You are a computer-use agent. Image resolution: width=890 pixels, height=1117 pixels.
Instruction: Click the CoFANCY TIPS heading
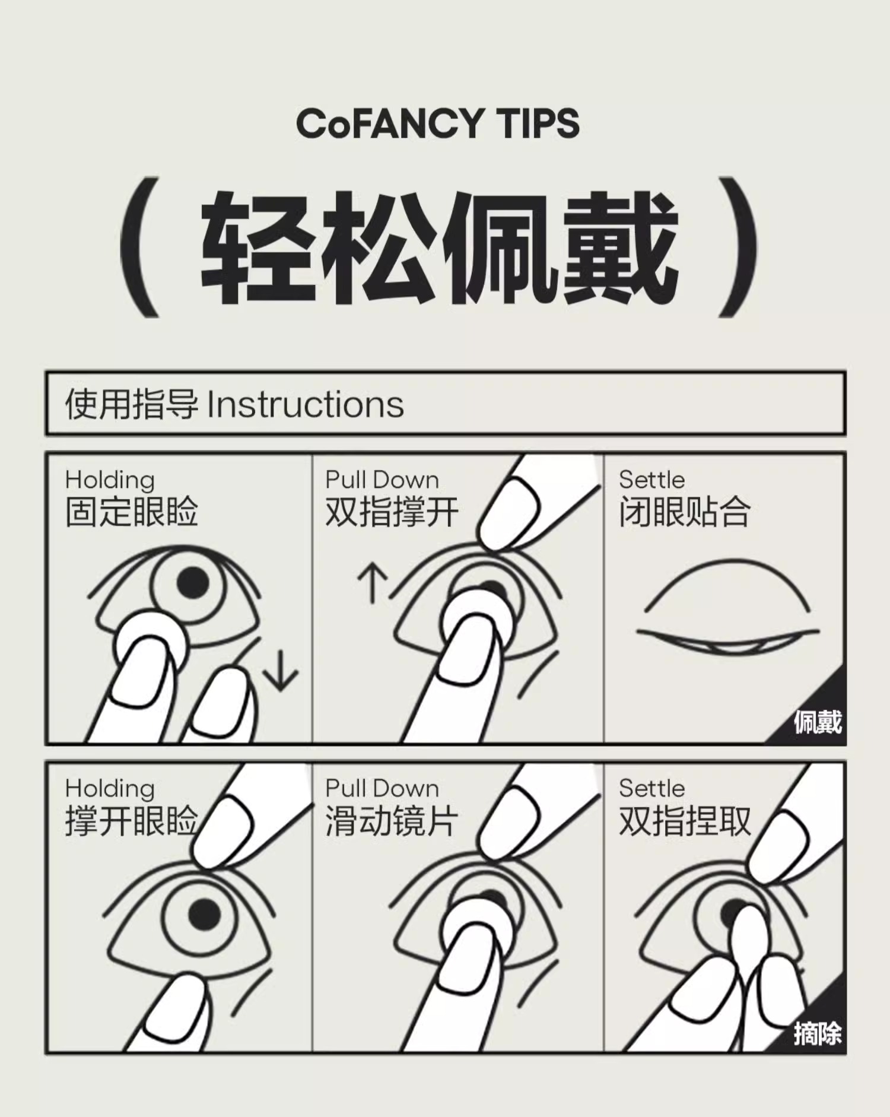pyautogui.click(x=438, y=123)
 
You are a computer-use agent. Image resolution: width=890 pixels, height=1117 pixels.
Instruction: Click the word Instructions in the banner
pyautogui.click(x=306, y=405)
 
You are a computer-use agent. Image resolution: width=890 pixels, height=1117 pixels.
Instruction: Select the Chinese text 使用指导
pyautogui.click(x=132, y=405)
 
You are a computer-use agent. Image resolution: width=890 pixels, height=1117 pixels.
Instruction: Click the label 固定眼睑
pyautogui.click(x=132, y=512)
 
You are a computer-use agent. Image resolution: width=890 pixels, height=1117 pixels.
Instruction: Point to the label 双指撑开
pyautogui.click(x=392, y=512)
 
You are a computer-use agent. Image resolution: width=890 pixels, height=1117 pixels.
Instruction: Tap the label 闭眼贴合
pyautogui.click(x=685, y=512)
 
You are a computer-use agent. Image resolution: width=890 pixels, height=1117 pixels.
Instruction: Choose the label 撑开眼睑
pyautogui.click(x=132, y=821)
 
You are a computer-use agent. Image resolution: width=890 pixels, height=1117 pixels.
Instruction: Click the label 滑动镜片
pyautogui.click(x=392, y=821)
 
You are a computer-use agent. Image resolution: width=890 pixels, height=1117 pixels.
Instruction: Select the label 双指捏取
pyautogui.click(x=685, y=821)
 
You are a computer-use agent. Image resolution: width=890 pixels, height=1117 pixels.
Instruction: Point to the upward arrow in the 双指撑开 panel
pyautogui.click(x=373, y=583)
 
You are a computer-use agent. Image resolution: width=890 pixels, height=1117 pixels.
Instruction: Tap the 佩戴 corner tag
pyautogui.click(x=818, y=722)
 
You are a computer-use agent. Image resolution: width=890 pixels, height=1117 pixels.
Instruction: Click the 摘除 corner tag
pyautogui.click(x=818, y=1034)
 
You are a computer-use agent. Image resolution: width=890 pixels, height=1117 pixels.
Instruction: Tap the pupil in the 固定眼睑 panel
pyautogui.click(x=193, y=583)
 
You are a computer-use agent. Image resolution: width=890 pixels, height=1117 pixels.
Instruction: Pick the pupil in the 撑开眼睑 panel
pyautogui.click(x=205, y=914)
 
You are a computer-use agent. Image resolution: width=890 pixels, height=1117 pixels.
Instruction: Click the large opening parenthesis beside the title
pyautogui.click(x=140, y=247)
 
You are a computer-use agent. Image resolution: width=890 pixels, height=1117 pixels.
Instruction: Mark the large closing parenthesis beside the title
pyautogui.click(x=738, y=247)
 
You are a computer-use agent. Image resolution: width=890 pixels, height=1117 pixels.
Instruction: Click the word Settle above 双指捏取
pyautogui.click(x=651, y=788)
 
